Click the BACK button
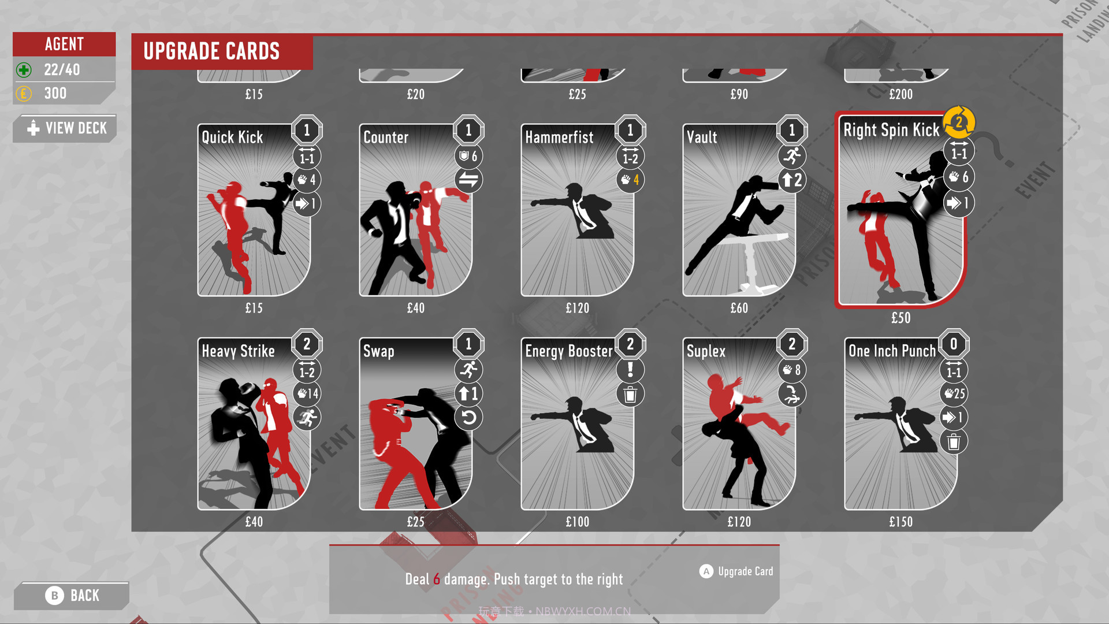click(x=72, y=596)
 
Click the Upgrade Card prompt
click(x=736, y=571)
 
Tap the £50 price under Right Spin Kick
click(x=900, y=318)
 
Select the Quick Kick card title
click(x=232, y=138)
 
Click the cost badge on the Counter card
click(x=468, y=131)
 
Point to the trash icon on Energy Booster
click(x=630, y=395)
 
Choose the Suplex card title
click(x=706, y=351)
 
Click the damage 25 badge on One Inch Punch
click(x=954, y=394)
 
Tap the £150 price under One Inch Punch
click(x=900, y=522)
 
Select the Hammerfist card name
click(x=559, y=138)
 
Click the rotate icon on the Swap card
click(x=468, y=418)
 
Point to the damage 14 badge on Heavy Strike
click(x=307, y=394)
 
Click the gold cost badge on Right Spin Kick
click(x=959, y=122)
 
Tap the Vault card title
click(x=702, y=138)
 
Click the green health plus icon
click(x=24, y=70)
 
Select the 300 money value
click(x=55, y=94)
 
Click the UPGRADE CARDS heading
click(x=211, y=51)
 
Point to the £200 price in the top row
click(x=900, y=94)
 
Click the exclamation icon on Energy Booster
click(x=630, y=370)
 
